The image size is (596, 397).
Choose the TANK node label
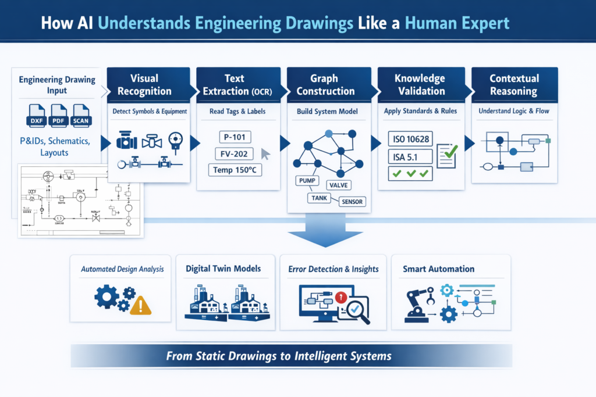pos(320,198)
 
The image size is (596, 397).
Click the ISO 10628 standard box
pos(410,139)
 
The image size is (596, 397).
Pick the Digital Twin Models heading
pos(223,269)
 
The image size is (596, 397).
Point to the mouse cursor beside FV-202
pos(265,154)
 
